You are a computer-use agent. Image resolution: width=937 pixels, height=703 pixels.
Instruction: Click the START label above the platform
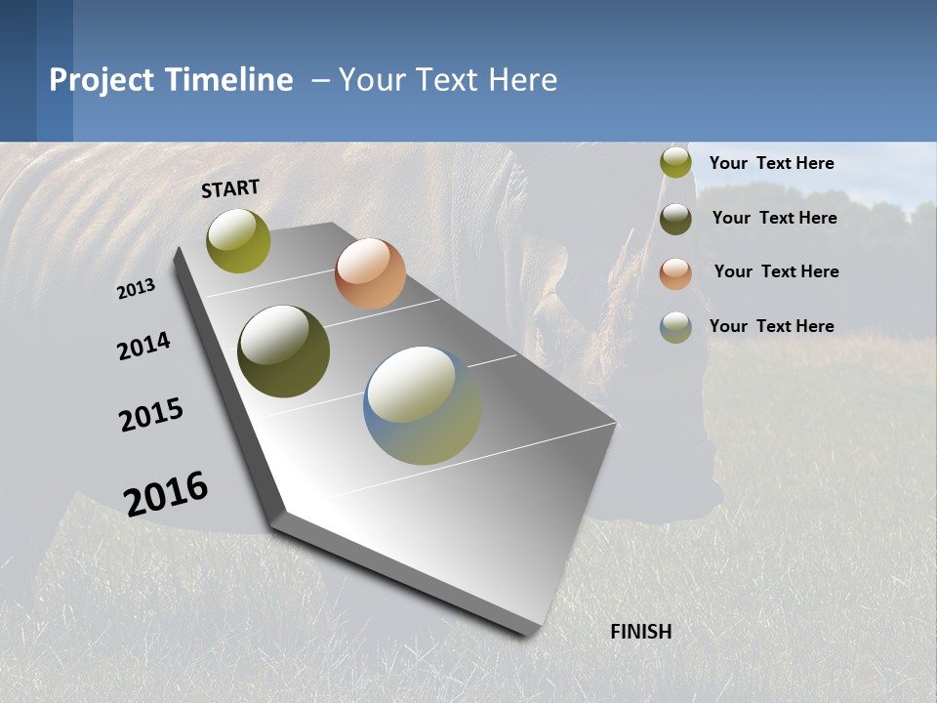click(x=230, y=188)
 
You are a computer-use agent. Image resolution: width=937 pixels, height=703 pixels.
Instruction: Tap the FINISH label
click(x=640, y=632)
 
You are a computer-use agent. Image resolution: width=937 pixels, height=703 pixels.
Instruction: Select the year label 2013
click(x=136, y=289)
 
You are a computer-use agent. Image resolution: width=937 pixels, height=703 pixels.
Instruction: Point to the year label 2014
click(x=143, y=347)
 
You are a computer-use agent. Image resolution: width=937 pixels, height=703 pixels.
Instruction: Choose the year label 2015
click(x=151, y=415)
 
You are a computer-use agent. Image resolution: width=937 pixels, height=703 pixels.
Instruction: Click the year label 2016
click(x=166, y=494)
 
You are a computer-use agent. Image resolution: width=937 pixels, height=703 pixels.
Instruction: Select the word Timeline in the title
click(x=228, y=80)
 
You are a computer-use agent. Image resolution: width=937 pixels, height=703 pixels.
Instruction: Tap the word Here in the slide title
click(x=522, y=80)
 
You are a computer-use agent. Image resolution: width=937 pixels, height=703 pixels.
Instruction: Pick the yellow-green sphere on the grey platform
click(x=239, y=240)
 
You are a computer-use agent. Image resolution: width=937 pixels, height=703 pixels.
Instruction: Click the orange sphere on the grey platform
click(x=370, y=273)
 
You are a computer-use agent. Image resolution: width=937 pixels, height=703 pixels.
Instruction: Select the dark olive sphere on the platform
click(x=284, y=351)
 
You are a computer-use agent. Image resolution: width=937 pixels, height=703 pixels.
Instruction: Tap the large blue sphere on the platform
click(x=423, y=405)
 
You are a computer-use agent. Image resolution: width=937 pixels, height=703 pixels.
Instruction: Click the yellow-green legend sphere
click(x=675, y=163)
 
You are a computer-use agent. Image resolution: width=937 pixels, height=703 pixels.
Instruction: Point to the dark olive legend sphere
click(x=675, y=219)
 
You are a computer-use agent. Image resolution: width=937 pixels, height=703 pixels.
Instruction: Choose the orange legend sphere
click(x=675, y=273)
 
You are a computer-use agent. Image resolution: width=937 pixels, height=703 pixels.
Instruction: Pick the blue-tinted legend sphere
click(x=675, y=327)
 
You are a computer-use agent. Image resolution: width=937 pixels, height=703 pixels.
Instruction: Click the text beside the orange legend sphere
click(x=776, y=271)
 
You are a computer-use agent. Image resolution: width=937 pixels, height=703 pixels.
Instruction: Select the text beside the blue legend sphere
click(x=771, y=326)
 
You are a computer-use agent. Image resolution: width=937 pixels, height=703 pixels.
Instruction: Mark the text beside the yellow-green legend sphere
click(x=771, y=163)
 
